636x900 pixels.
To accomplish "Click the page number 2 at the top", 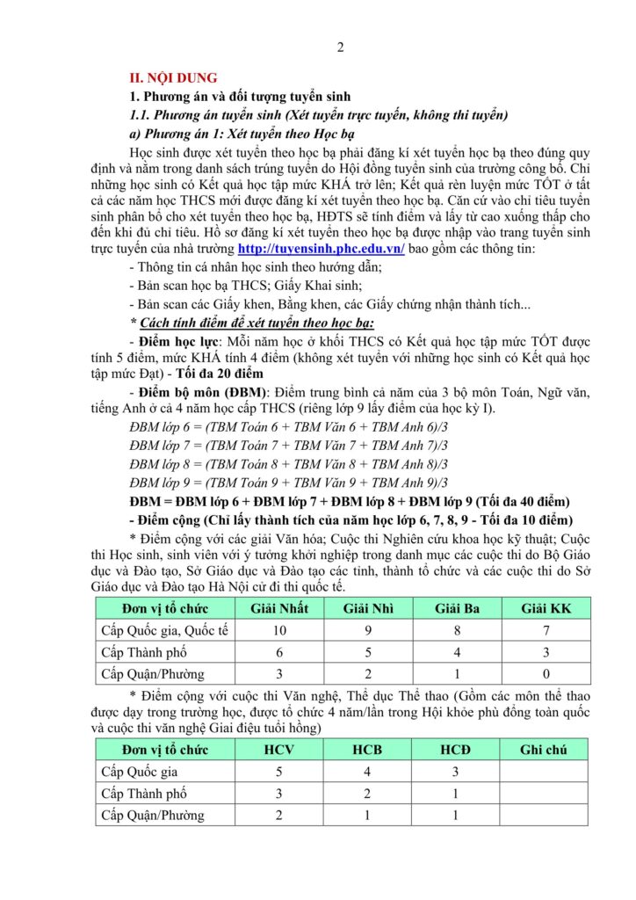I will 340,47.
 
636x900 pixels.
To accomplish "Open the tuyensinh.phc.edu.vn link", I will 322,249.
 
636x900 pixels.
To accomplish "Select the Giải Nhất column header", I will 279,607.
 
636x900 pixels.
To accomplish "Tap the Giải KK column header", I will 546,607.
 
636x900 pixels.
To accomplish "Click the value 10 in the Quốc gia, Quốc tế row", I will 279,630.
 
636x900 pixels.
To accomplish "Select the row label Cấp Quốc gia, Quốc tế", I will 165,630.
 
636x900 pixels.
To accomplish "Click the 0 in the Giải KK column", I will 546,674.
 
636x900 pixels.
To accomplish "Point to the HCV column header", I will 279,750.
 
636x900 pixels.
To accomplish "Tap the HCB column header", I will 367,750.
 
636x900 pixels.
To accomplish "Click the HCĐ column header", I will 455,750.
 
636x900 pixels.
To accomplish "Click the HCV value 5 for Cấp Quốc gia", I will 279,772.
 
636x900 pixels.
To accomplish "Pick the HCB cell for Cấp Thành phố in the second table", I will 367,794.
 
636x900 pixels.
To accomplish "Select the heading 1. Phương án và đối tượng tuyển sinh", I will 241,97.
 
